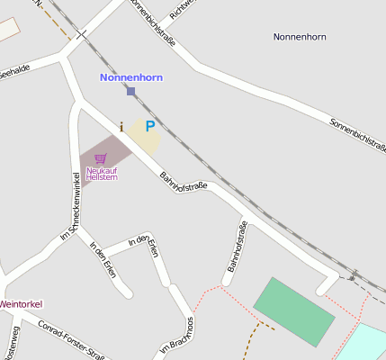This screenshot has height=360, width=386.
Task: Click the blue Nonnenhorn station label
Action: point(130,77)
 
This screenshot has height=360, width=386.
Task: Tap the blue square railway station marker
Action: point(130,91)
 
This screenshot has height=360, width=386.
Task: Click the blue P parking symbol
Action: point(150,127)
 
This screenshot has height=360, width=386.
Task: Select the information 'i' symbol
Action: point(121,127)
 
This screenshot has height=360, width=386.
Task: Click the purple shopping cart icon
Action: point(100,158)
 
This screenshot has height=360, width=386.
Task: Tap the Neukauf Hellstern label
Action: point(102,173)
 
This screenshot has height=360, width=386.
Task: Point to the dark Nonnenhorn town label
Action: point(299,37)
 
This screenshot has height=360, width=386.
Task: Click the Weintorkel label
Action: point(21,304)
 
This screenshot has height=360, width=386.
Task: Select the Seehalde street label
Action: point(14,71)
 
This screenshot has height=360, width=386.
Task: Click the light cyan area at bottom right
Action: point(365,344)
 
